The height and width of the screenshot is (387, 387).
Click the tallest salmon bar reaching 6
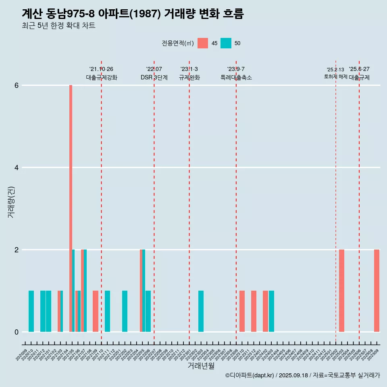click(71, 208)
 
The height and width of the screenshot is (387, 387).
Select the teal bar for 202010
click(31, 311)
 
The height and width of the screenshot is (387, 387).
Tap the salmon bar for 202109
click(96, 311)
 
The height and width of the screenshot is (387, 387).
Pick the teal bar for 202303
click(201, 311)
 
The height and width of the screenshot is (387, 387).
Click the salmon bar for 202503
click(341, 291)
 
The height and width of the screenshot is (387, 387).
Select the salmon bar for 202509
click(377, 291)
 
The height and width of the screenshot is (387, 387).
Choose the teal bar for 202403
click(271, 311)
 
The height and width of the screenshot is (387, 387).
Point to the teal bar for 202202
click(125, 311)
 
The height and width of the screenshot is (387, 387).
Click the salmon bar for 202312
click(254, 311)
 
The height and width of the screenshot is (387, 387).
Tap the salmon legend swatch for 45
click(203, 43)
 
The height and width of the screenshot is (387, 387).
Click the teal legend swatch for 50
click(226, 43)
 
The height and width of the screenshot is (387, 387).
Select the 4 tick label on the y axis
click(16, 168)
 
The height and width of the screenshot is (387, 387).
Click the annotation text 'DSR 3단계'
click(154, 77)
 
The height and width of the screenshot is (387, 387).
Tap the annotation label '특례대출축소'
click(236, 77)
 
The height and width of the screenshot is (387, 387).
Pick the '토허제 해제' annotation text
click(335, 76)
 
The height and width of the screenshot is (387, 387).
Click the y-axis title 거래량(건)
click(11, 202)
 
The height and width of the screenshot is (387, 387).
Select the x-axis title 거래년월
click(201, 366)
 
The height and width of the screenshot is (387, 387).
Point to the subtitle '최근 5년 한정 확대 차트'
click(58, 26)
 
